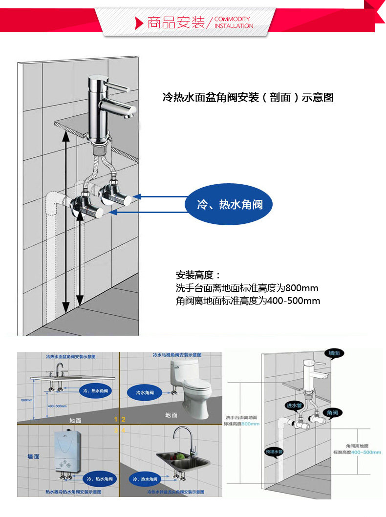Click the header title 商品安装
176,22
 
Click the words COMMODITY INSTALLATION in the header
234,22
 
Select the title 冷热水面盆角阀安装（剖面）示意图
248,97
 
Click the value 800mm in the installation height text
302,287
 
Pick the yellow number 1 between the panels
116,419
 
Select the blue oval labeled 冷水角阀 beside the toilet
145,392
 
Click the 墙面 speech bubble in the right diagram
334,353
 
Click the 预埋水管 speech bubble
274,452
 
